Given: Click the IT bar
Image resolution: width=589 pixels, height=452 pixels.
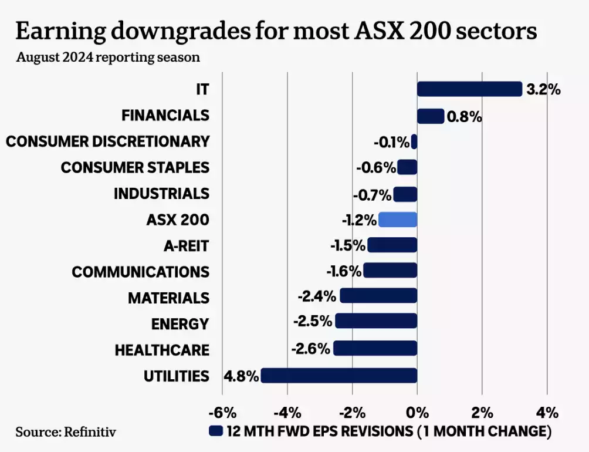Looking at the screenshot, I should pyautogui.click(x=469, y=89).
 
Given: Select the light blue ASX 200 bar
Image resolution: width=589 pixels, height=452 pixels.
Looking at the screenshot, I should pyautogui.click(x=398, y=220).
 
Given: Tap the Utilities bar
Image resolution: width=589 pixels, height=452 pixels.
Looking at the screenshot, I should pyautogui.click(x=338, y=376).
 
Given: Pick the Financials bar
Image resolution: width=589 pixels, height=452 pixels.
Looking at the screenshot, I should pyautogui.click(x=430, y=116).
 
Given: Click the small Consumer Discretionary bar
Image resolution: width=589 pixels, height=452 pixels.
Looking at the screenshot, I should pyautogui.click(x=414, y=141).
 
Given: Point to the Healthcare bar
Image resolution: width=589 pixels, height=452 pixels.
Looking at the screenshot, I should pyautogui.click(x=375, y=349).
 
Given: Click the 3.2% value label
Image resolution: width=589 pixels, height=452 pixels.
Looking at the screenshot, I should pyautogui.click(x=543, y=90).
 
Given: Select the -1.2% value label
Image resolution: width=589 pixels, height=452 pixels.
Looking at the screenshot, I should pyautogui.click(x=359, y=220).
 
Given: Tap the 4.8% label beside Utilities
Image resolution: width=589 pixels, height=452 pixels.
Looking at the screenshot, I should pyautogui.click(x=241, y=376).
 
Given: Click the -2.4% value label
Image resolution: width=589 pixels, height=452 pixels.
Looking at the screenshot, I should pyautogui.click(x=317, y=297).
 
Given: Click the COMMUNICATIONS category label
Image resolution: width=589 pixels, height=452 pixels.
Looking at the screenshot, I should pyautogui.click(x=140, y=272).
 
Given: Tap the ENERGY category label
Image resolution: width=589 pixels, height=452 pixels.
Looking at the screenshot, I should pyautogui.click(x=180, y=323).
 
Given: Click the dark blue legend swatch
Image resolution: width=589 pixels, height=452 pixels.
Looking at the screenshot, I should pyautogui.click(x=216, y=431).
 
